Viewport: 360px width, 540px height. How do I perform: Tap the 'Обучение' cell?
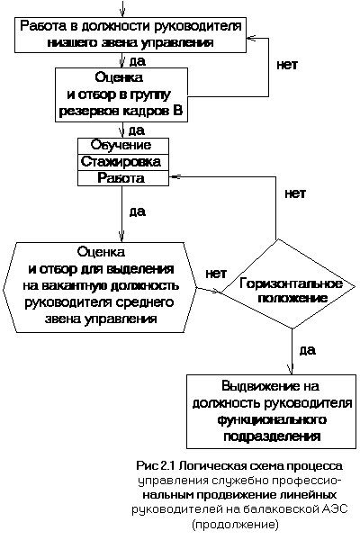tap(123, 146)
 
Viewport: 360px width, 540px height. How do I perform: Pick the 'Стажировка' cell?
tap(123, 162)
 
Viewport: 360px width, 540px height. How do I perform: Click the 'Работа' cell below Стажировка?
tap(123, 178)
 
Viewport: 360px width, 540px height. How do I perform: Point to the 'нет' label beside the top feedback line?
tap(287, 65)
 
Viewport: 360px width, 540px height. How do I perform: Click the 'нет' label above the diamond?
tap(295, 193)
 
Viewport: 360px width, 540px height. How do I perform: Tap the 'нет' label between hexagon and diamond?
tap(216, 274)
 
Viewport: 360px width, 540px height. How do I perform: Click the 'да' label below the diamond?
tap(307, 350)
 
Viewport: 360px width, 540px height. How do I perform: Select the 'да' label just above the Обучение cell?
tap(137, 130)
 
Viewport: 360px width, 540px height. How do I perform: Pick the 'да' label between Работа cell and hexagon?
tap(138, 211)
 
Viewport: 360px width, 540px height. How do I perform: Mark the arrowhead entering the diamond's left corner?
tap(217, 292)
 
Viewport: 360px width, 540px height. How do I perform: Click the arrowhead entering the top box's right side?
tap(252, 38)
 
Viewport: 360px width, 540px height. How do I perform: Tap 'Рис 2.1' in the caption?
tap(157, 465)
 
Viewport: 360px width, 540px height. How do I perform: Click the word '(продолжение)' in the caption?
tap(235, 525)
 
